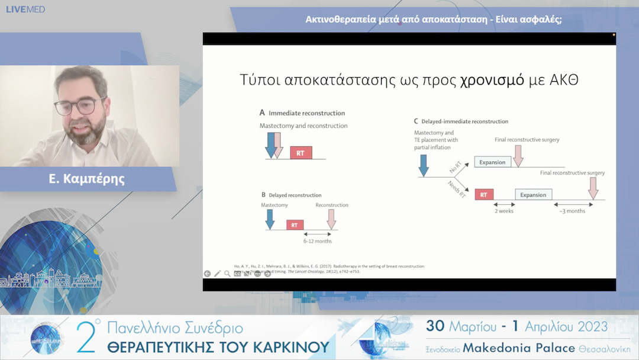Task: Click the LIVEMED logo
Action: tap(25, 9)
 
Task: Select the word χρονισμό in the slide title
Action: tap(492, 80)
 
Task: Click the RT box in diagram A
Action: tap(301, 153)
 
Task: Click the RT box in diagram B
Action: tap(295, 225)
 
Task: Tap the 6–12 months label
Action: tap(317, 241)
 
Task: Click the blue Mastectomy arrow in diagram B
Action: tap(270, 219)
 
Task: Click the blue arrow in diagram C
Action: tap(423, 164)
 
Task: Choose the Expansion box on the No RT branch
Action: tap(492, 162)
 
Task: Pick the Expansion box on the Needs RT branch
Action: tap(534, 194)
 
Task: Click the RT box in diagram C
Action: tap(484, 194)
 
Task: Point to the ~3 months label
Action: tap(572, 210)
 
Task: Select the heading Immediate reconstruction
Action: tap(306, 113)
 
